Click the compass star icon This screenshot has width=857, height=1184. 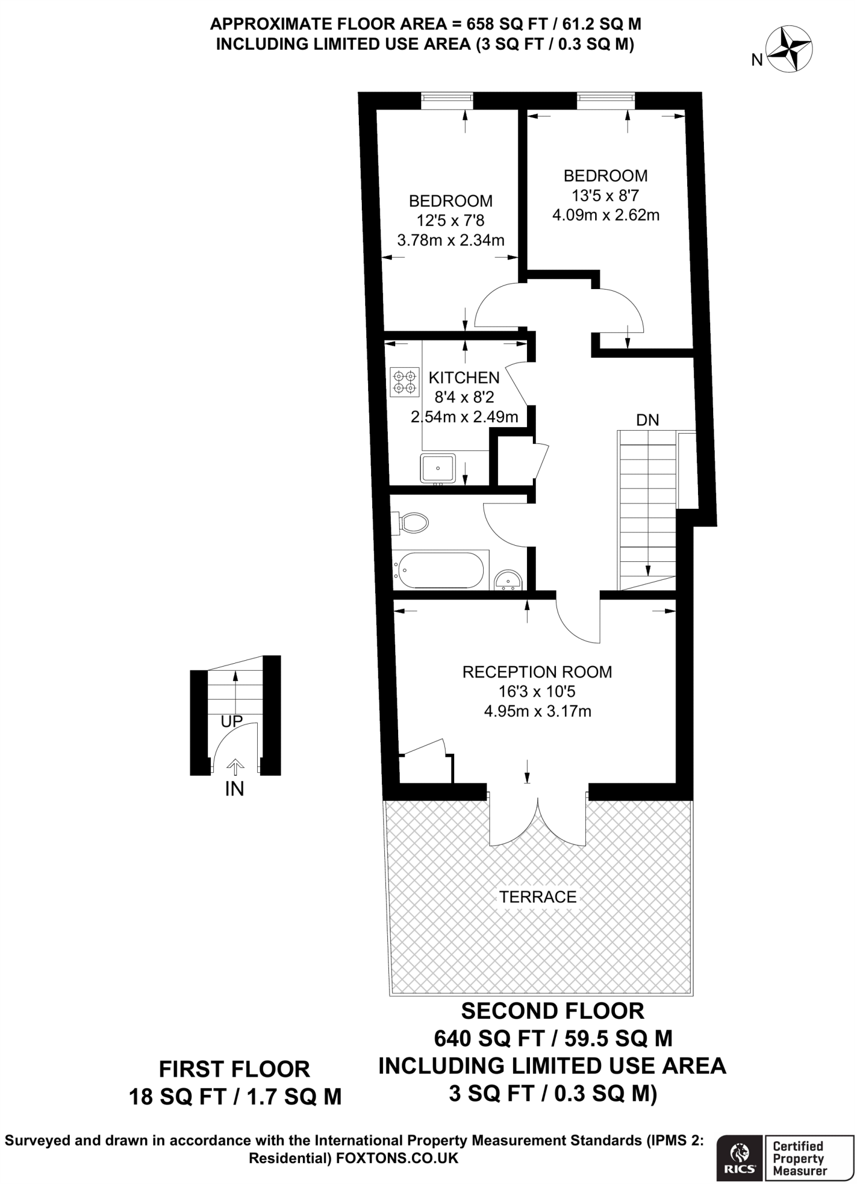[789, 50]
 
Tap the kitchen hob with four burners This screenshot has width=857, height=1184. [405, 382]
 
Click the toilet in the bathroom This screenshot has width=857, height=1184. [411, 523]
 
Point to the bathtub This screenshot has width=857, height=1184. [439, 569]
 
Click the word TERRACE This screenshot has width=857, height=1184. [537, 897]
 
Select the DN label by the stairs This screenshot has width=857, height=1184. [647, 420]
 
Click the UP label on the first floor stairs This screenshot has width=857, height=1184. [232, 721]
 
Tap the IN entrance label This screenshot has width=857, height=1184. [235, 789]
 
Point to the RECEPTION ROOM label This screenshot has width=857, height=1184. [537, 672]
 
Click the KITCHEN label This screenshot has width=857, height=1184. [463, 378]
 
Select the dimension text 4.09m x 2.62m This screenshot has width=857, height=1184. [606, 216]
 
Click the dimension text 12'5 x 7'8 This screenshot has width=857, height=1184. [450, 220]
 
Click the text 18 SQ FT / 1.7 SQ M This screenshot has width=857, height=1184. [235, 1096]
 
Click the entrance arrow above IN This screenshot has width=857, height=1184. [235, 767]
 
